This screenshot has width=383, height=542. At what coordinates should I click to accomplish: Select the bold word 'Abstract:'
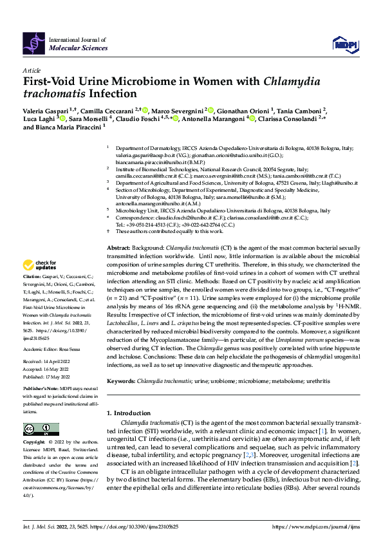(x=118, y=248)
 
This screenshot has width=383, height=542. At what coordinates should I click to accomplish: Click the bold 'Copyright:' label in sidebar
(x=35, y=443)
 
